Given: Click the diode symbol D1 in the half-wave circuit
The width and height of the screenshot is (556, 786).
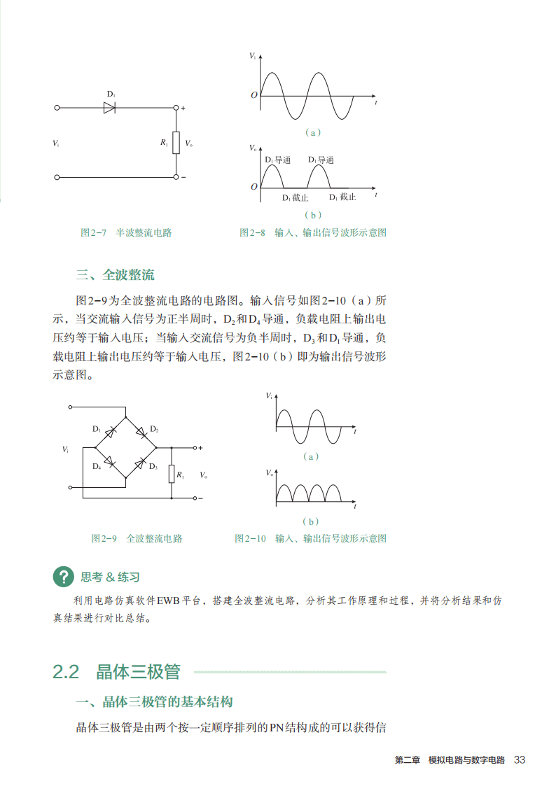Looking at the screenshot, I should tap(109, 108).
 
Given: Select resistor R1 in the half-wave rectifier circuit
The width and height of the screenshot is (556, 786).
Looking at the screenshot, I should tap(176, 142).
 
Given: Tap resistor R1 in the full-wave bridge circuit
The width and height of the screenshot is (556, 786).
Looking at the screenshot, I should tap(171, 474).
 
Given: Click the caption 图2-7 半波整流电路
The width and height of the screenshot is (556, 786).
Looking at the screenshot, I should tap(126, 232).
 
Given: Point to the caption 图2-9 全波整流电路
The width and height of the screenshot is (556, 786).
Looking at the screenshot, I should tap(137, 538).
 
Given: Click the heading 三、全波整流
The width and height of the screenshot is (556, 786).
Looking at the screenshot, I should tap(116, 274).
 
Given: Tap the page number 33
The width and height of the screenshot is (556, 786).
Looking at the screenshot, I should tap(519, 760).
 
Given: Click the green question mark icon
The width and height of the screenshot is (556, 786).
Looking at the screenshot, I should tap(63, 577).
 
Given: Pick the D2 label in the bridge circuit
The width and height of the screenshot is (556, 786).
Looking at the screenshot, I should tap(154, 429).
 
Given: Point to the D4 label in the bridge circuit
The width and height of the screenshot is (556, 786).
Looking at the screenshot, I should tap(96, 466).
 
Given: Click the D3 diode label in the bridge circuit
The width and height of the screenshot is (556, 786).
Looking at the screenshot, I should tap(153, 467).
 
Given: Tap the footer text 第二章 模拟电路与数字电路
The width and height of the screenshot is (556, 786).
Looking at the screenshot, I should tap(450, 760).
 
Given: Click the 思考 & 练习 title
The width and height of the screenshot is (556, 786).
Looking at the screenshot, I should tap(110, 577).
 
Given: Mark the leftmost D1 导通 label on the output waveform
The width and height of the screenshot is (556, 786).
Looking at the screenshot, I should tap(278, 160).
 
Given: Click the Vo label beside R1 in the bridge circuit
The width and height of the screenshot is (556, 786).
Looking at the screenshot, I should tap(203, 475).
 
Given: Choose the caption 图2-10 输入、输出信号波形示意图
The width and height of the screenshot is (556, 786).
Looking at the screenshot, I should tap(310, 538).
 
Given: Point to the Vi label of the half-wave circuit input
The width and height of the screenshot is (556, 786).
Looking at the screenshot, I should tap(56, 143).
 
